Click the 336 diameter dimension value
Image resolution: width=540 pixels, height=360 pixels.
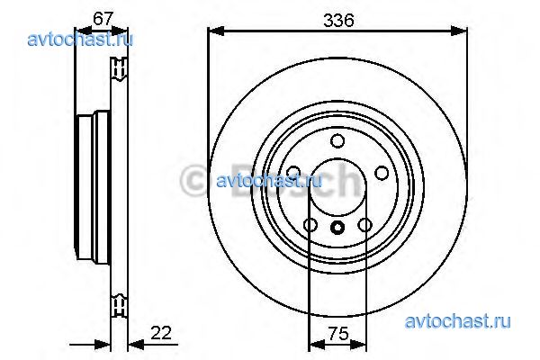tap(338, 21)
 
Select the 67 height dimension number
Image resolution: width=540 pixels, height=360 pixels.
tap(103, 18)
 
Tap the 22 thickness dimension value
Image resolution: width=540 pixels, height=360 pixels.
tap(161, 333)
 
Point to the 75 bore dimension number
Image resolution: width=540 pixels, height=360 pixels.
tap(338, 333)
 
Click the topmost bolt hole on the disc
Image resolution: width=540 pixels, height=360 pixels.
tap(337, 141)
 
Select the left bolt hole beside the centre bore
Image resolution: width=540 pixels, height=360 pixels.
tap(293, 172)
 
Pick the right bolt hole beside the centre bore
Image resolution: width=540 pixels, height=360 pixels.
tap(382, 173)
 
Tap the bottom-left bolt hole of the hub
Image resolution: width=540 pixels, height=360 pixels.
tap(310, 225)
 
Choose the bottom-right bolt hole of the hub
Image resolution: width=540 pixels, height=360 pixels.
tap(364, 225)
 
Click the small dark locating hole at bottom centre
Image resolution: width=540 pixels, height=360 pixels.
tap(337, 227)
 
